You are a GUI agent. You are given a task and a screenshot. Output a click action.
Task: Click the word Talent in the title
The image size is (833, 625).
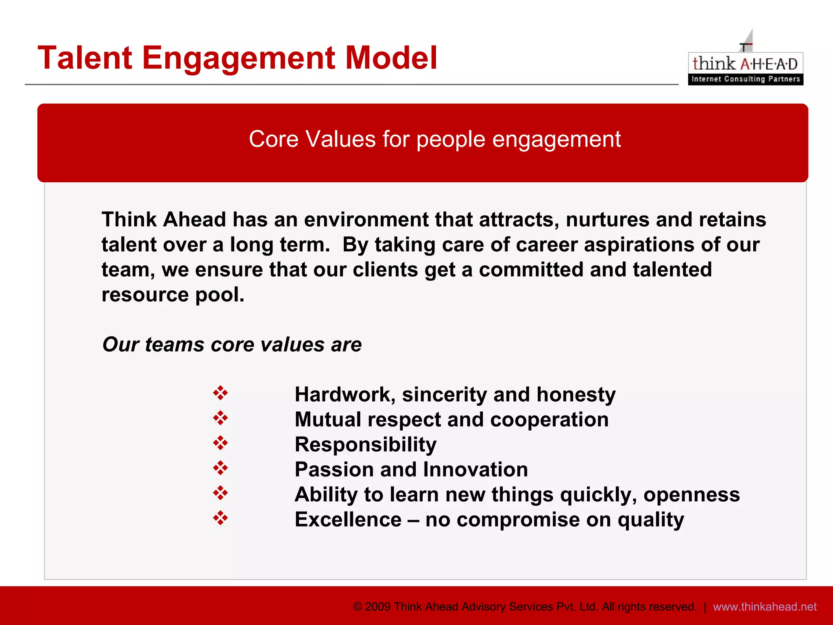(85, 58)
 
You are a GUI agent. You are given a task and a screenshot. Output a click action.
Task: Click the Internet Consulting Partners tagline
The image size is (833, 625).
(746, 79)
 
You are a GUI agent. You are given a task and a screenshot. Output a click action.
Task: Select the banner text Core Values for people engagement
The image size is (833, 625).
(434, 139)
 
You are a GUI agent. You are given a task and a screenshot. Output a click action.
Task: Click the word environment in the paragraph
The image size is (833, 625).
(366, 220)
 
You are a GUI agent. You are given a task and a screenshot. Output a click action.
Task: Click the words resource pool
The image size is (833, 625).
(173, 295)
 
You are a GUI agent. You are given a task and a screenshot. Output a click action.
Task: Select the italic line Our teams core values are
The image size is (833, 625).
(232, 345)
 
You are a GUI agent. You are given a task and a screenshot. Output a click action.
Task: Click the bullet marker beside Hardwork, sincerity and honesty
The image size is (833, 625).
(220, 393)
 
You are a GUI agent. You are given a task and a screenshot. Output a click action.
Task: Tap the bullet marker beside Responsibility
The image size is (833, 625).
(220, 443)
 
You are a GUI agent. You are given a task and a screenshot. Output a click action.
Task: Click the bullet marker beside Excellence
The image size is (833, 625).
(220, 518)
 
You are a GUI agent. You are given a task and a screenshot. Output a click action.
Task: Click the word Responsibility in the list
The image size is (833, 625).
(365, 444)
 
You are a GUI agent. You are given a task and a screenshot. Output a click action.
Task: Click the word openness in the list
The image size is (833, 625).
(691, 495)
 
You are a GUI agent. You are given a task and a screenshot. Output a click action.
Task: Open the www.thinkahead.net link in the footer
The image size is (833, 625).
(765, 607)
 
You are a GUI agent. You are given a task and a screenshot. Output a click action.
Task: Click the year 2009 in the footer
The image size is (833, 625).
(378, 607)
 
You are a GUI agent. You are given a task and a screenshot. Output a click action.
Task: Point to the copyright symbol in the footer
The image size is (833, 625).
(358, 607)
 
